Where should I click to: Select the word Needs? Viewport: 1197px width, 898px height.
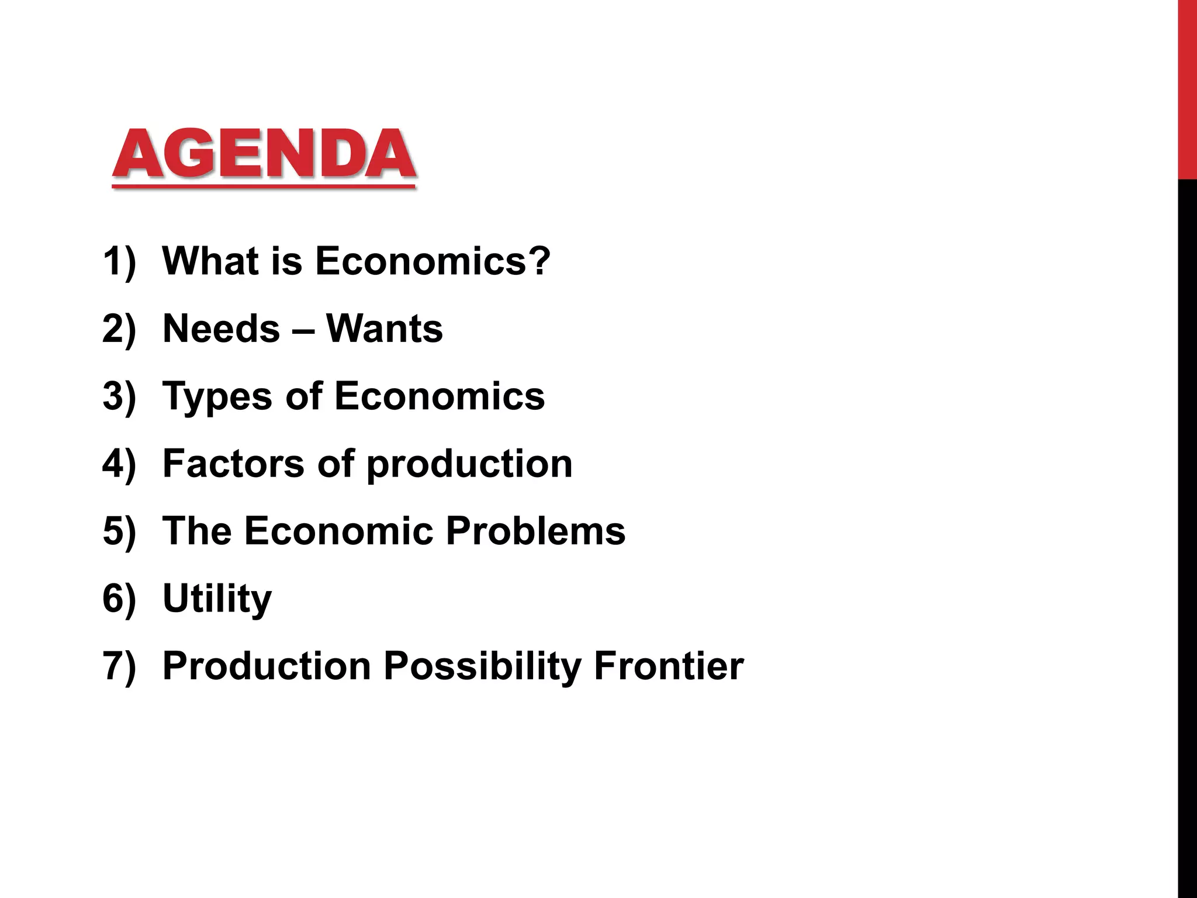(221, 329)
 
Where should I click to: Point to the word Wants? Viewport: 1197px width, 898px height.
(385, 329)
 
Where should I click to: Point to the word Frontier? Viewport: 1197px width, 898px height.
(669, 666)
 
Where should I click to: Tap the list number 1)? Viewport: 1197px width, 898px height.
(119, 262)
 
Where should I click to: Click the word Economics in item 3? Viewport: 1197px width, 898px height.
(440, 396)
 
